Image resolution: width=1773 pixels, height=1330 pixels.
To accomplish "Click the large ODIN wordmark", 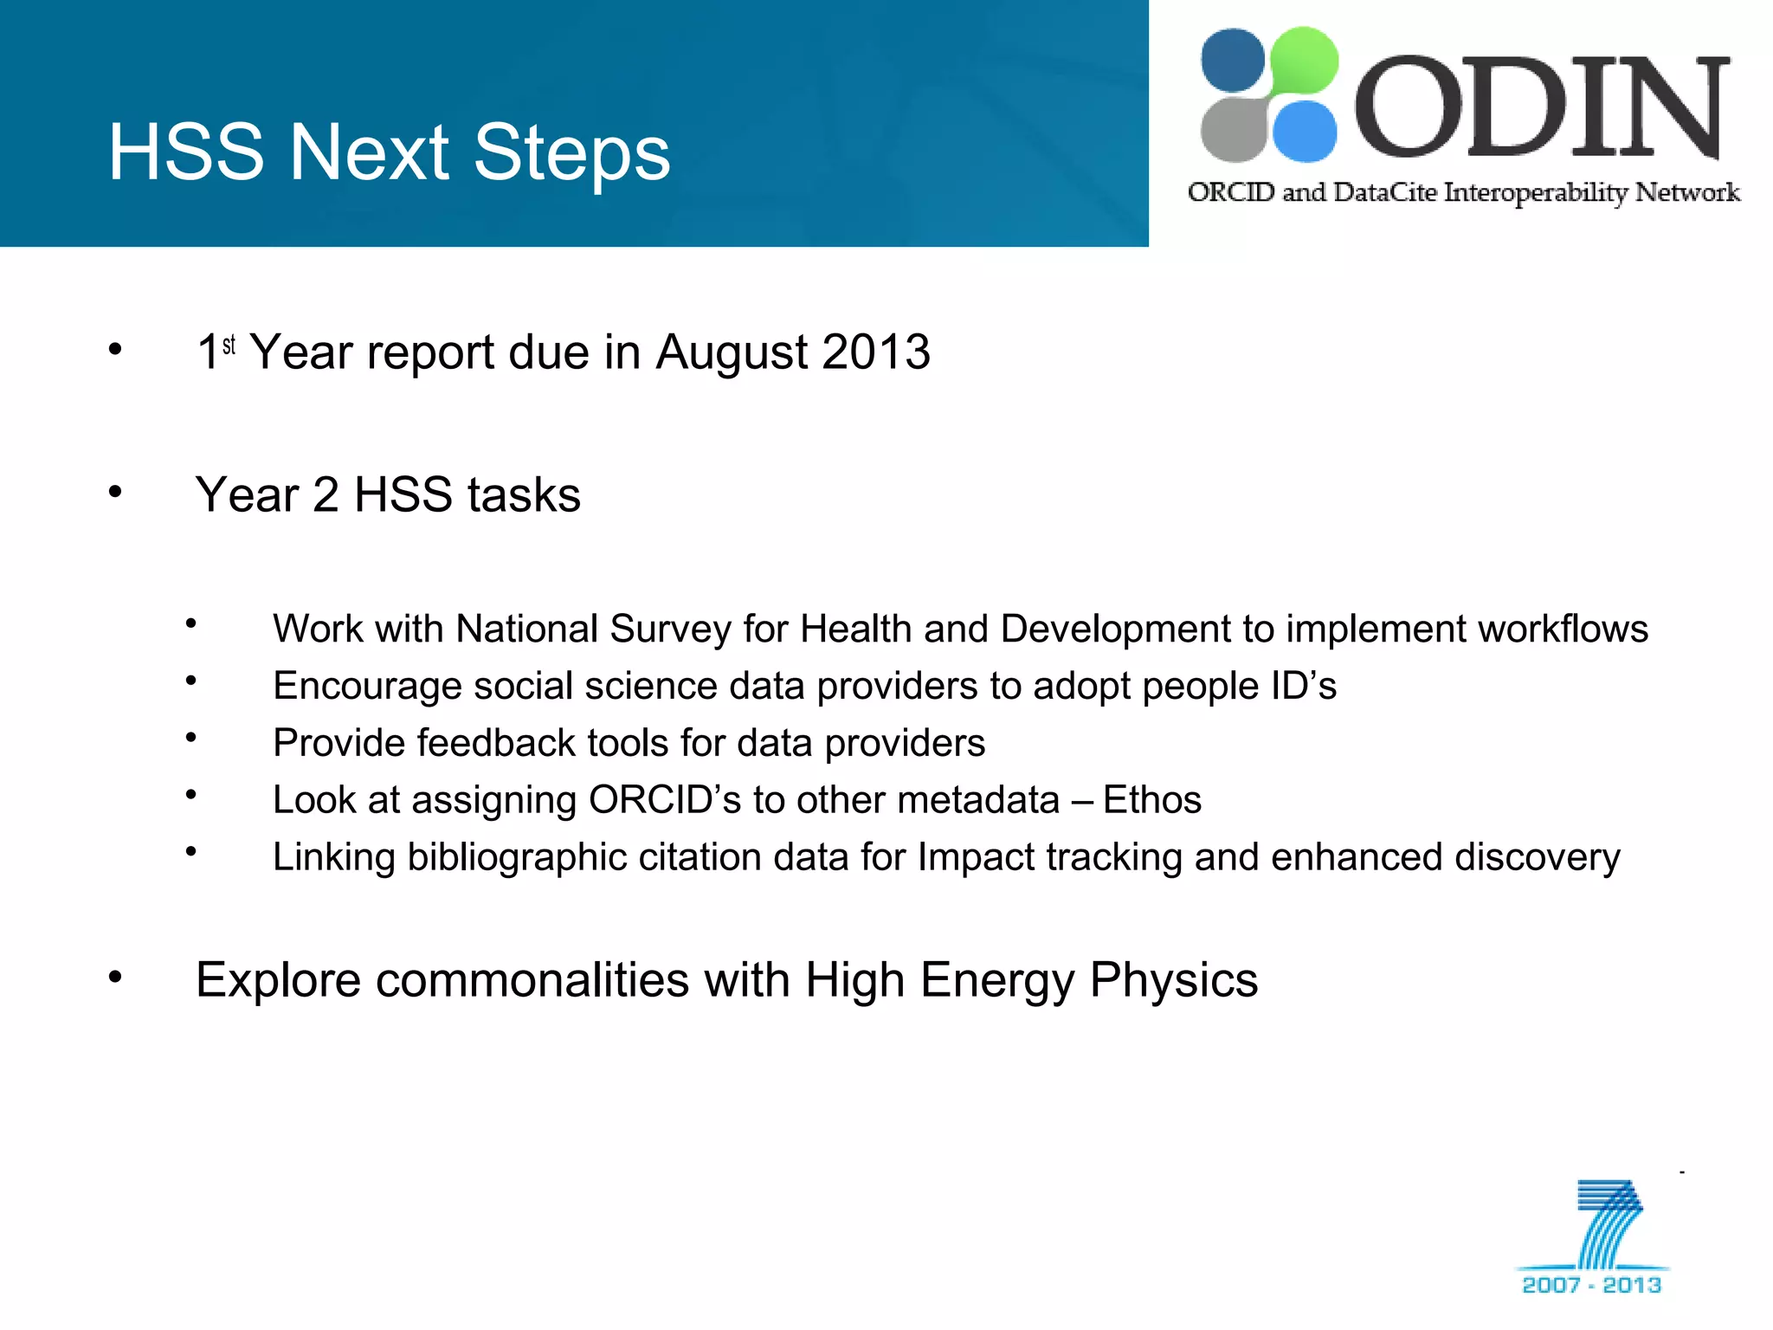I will pyautogui.click(x=1541, y=108).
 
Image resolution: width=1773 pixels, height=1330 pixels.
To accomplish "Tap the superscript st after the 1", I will pyautogui.click(x=229, y=345).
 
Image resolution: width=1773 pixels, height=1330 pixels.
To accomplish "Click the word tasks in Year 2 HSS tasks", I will pyautogui.click(x=524, y=495).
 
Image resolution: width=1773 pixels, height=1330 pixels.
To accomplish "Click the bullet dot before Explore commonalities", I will pyautogui.click(x=115, y=978).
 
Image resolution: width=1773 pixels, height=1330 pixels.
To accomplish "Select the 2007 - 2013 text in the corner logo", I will pyautogui.click(x=1591, y=1285).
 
